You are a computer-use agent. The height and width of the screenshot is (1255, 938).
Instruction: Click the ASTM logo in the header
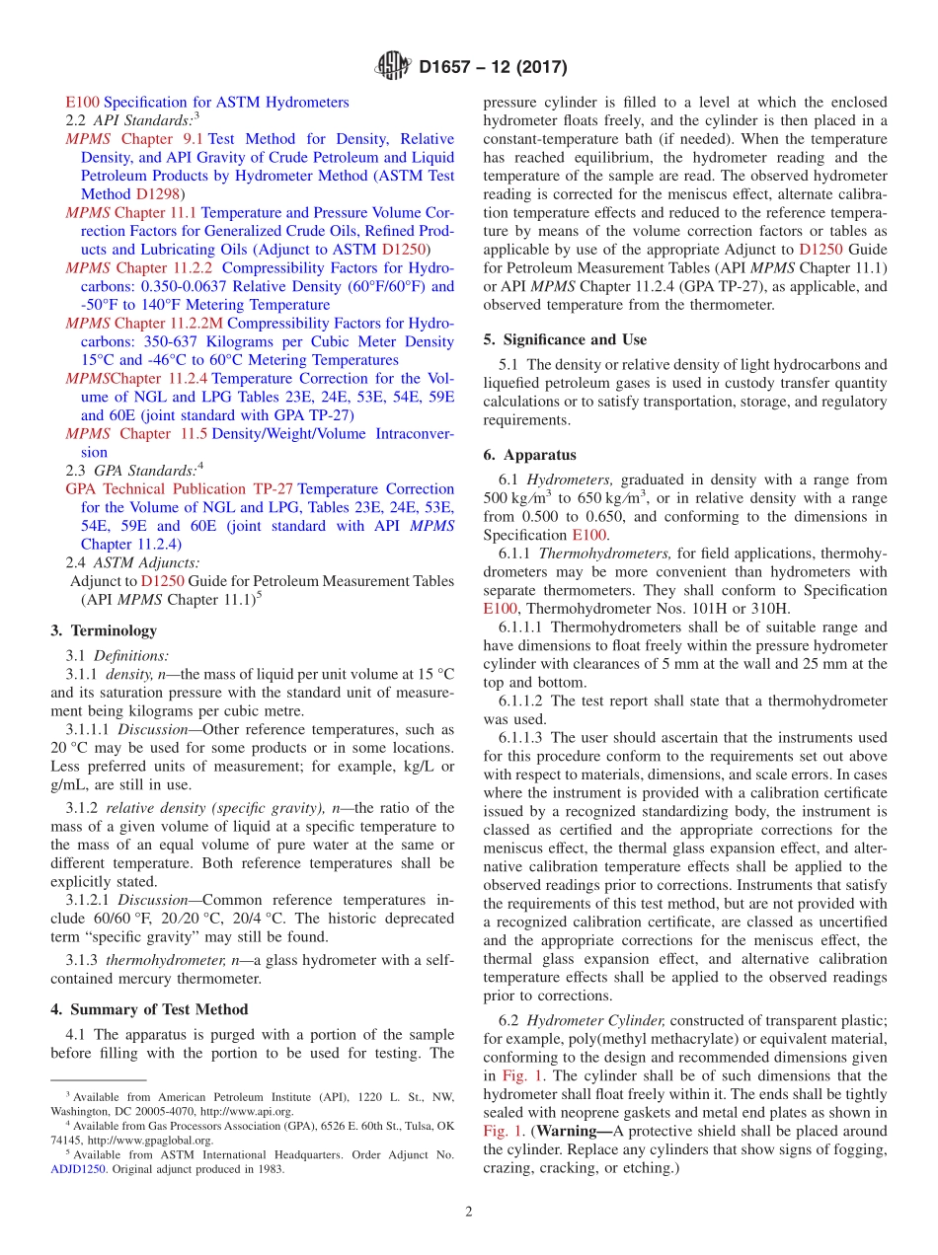coord(393,67)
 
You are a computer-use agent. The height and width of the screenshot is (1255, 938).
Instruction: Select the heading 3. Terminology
coord(104,630)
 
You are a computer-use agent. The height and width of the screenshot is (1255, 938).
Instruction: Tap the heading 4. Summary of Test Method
coord(149,1009)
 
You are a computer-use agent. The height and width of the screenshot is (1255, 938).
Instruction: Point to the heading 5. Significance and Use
coord(565,339)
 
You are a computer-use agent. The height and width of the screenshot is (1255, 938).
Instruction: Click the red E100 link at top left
coord(82,102)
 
